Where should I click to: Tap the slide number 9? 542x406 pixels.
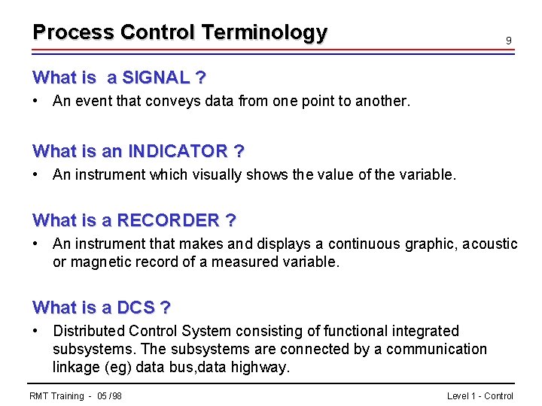pos(509,40)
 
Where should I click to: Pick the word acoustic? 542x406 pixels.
pos(489,244)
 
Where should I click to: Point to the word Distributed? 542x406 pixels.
pos(89,331)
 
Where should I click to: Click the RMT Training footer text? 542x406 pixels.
pos(75,395)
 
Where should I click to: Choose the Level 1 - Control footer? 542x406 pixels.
pos(480,395)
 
